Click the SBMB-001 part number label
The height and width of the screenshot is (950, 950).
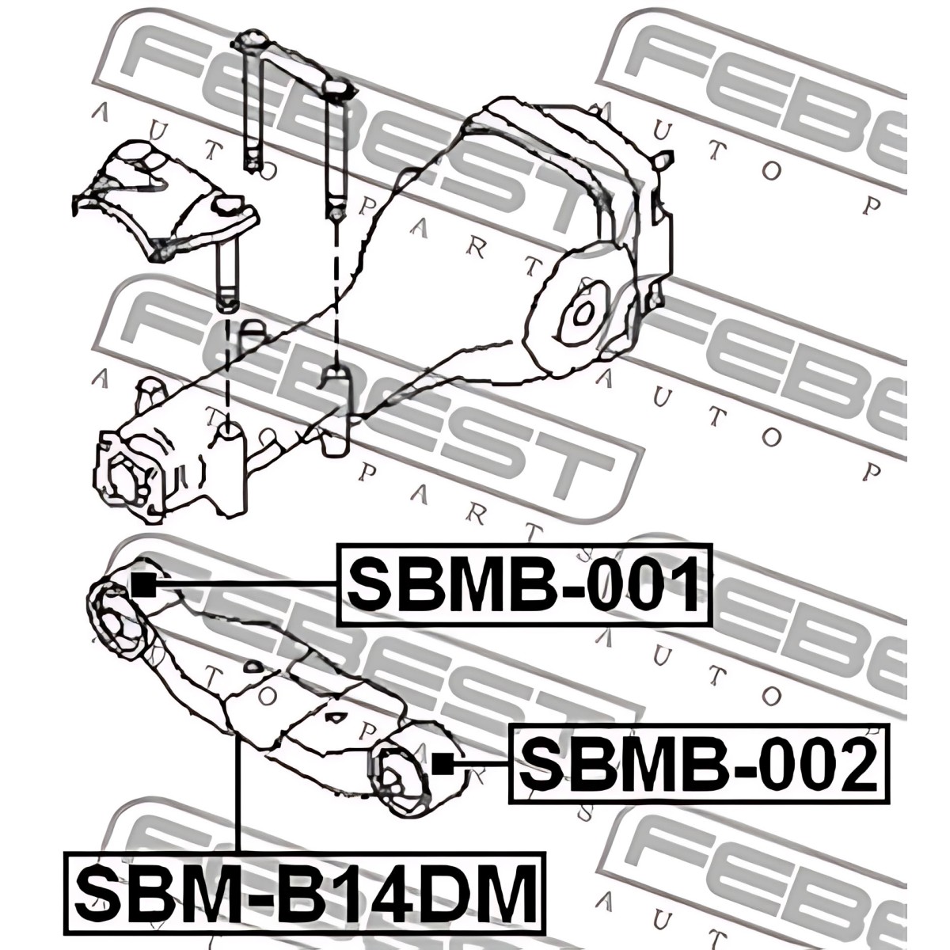(x=525, y=585)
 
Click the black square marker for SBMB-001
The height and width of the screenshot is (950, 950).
(x=144, y=585)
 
